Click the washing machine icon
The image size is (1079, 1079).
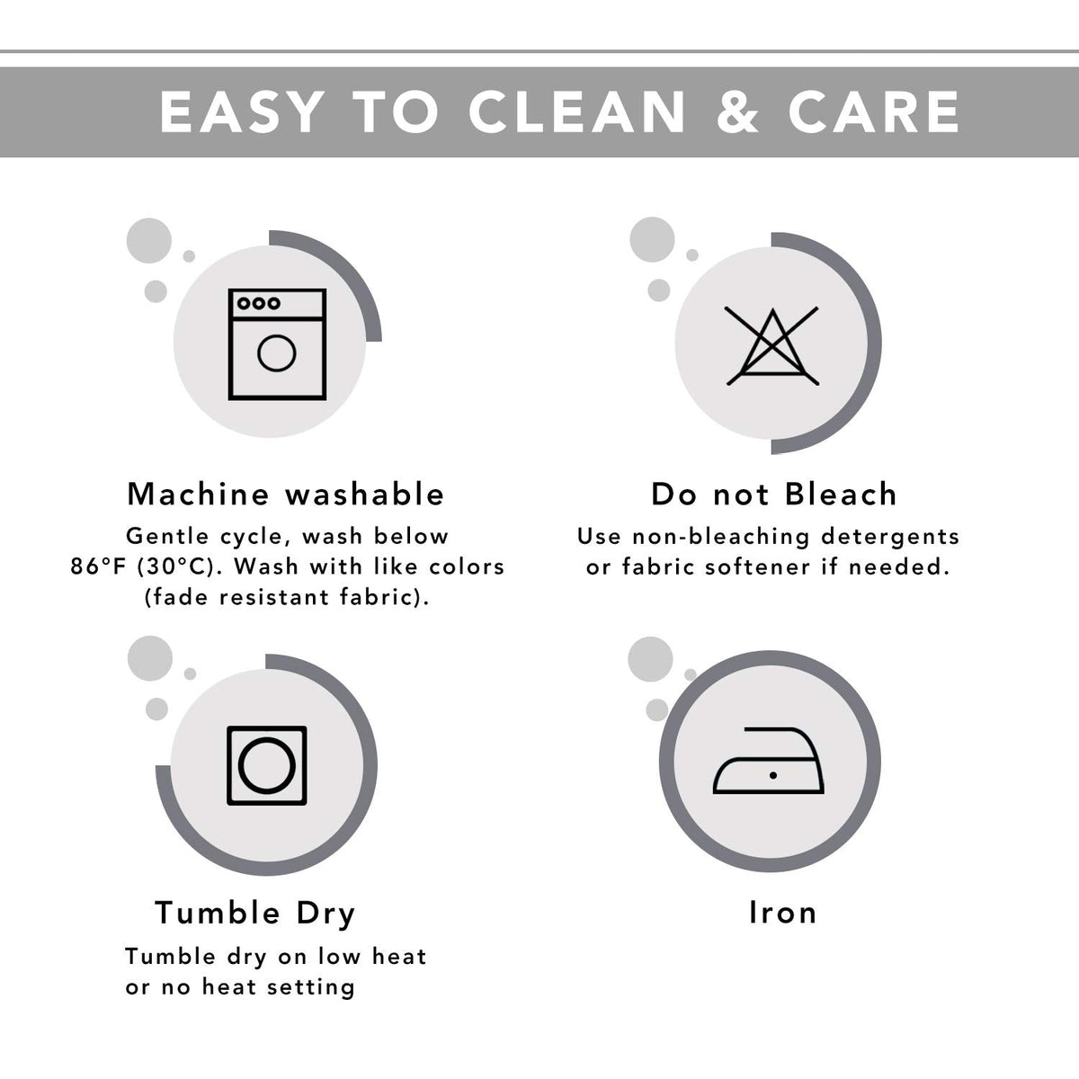click(x=277, y=344)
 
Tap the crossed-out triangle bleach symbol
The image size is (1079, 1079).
click(x=772, y=345)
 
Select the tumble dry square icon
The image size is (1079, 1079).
click(x=266, y=765)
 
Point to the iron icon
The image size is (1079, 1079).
click(x=768, y=761)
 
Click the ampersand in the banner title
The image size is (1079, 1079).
click(x=737, y=112)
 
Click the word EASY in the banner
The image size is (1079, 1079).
click(x=242, y=112)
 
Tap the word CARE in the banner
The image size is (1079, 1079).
click(x=874, y=112)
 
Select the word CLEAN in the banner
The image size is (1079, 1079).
click(x=576, y=112)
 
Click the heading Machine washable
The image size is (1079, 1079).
click(x=286, y=495)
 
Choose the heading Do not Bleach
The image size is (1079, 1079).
click(x=774, y=495)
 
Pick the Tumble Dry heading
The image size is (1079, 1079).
click(x=254, y=914)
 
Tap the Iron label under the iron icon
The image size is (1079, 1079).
click(x=783, y=913)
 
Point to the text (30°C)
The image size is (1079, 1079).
click(x=176, y=567)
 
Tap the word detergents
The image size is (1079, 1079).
click(x=890, y=538)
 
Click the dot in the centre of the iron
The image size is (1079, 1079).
click(x=773, y=775)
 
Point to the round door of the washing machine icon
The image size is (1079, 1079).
click(x=277, y=353)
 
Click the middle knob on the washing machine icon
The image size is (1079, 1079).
click(x=259, y=304)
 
